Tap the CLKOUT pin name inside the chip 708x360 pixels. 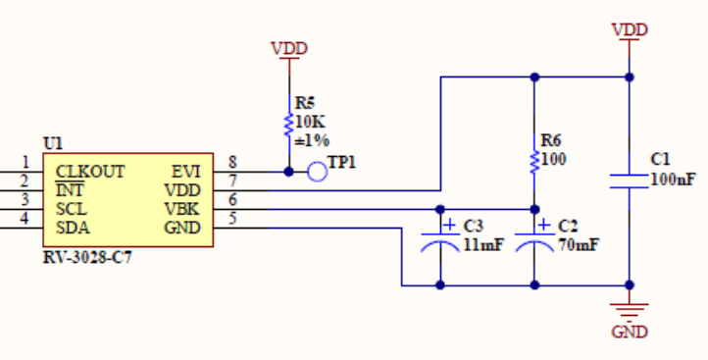pos(89,172)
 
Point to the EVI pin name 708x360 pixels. pos(185,172)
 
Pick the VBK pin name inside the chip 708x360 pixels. pos(182,209)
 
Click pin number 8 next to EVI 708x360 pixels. pos(231,163)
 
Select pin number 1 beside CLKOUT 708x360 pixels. pos(25,163)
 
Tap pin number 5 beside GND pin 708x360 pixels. pos(231,219)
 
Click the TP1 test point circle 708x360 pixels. pos(317,172)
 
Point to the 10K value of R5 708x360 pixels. pos(310,122)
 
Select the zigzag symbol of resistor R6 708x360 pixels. pos(534,160)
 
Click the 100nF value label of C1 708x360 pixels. pos(673,180)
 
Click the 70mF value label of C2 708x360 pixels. pos(579,245)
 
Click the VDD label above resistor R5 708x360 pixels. pos(288,48)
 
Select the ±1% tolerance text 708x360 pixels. pos(312,139)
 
